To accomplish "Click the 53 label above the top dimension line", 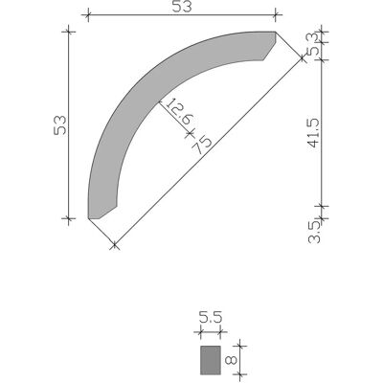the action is [182, 7].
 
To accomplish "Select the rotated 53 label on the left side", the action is [60, 124].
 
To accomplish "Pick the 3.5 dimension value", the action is [314, 232].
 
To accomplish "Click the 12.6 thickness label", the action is [180, 112].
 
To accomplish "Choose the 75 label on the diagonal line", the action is [202, 146].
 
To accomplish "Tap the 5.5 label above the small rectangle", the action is [210, 318].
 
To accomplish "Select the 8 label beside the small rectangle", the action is [232, 360].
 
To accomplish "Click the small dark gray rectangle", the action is [211, 360].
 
